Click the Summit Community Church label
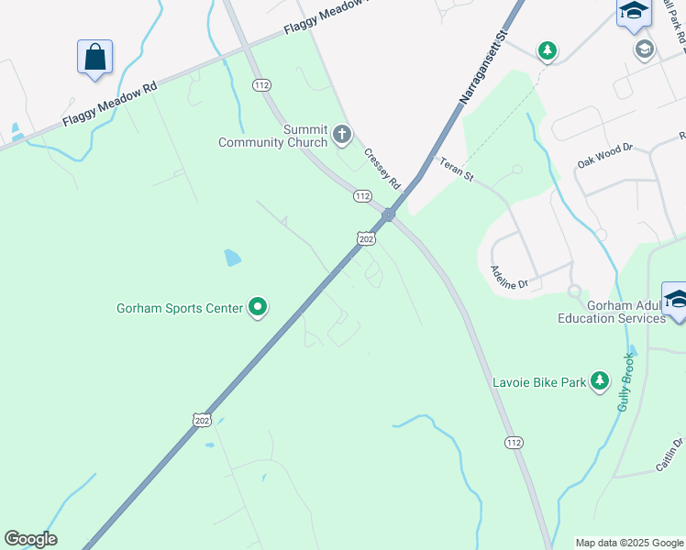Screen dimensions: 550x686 pyautogui.click(x=272, y=136)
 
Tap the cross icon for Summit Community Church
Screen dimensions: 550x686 pyautogui.click(x=342, y=136)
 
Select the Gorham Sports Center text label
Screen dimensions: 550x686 pyautogui.click(x=179, y=308)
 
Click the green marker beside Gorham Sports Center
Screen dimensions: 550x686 pyautogui.click(x=259, y=308)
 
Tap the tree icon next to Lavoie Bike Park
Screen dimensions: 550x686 pyautogui.click(x=600, y=380)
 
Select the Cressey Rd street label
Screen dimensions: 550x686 pyautogui.click(x=382, y=169)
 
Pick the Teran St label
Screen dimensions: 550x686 pyautogui.click(x=455, y=170)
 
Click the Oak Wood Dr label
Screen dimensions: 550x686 pyautogui.click(x=605, y=153)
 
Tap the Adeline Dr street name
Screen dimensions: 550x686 pyautogui.click(x=510, y=277)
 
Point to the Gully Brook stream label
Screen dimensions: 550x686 pyautogui.click(x=625, y=381)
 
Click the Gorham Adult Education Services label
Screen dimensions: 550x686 pyautogui.click(x=613, y=312)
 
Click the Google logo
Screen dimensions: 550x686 pyautogui.click(x=30, y=539)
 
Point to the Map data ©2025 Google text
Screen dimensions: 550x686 pyautogui.click(x=629, y=543)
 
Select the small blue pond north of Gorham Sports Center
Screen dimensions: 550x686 pyautogui.click(x=233, y=258)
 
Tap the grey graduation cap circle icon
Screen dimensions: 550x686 pyautogui.click(x=645, y=49)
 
